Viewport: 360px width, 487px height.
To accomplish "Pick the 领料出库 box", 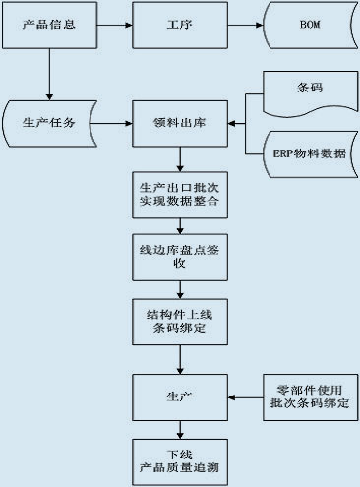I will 179,124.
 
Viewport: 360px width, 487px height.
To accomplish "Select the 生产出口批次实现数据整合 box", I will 179,193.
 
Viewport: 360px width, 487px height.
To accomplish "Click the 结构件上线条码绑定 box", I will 179,320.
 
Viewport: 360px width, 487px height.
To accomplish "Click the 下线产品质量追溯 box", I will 179,461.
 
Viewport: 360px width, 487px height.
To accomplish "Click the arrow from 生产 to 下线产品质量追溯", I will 179,428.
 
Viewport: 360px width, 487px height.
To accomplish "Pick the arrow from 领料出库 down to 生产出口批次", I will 179,158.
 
